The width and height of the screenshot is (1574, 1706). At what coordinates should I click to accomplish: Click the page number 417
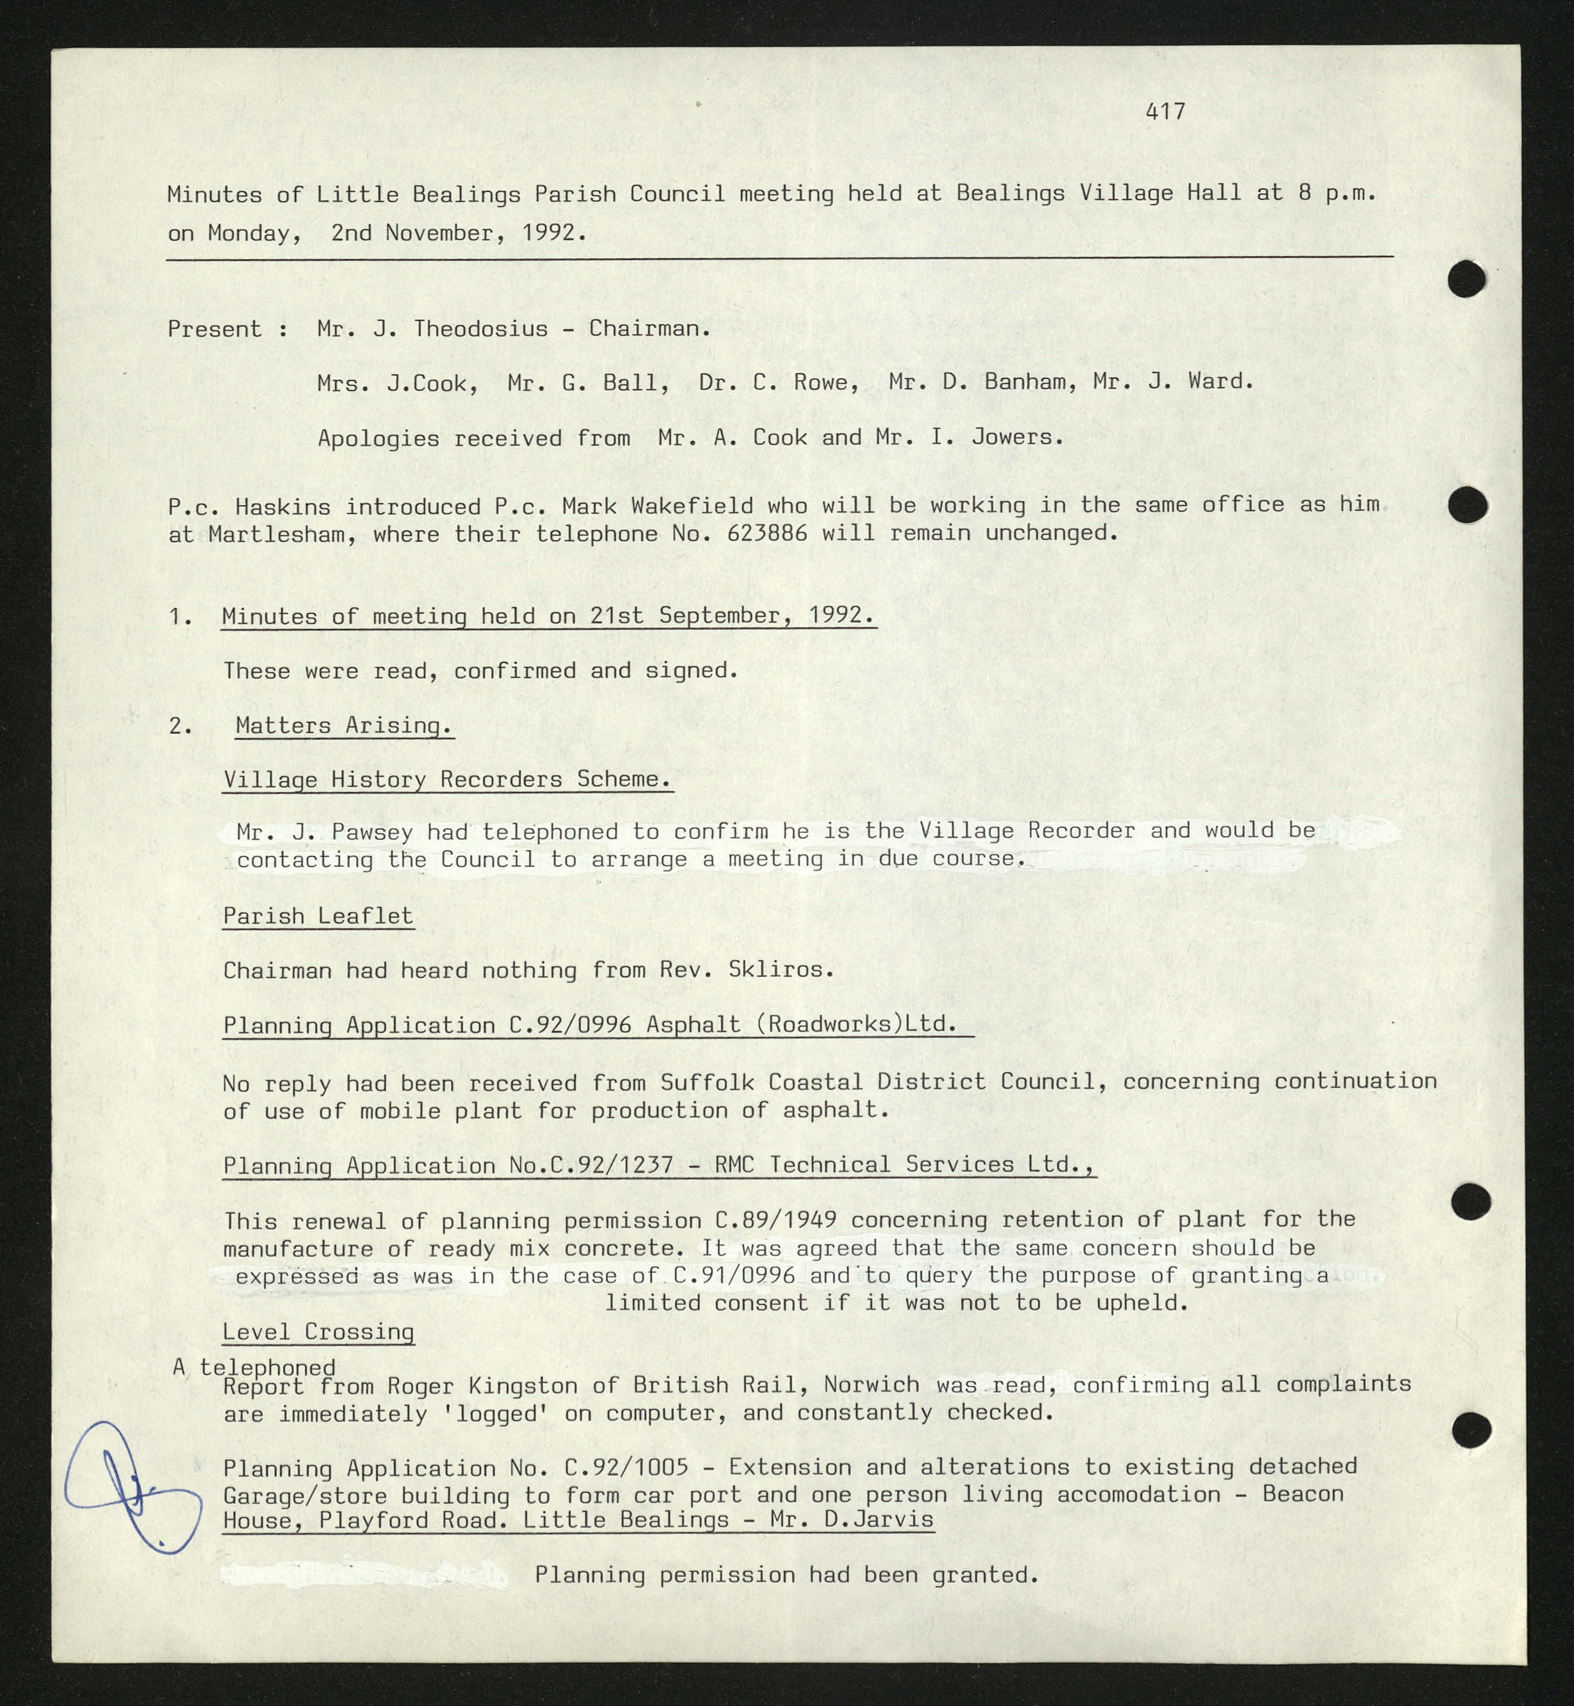(1164, 112)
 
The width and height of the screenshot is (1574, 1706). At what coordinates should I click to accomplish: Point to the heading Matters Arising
(344, 726)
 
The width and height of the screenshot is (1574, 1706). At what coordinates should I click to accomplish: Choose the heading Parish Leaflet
(318, 917)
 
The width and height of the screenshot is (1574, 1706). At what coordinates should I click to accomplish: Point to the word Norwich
(870, 1385)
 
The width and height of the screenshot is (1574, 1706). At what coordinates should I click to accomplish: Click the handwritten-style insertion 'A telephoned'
(254, 1368)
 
